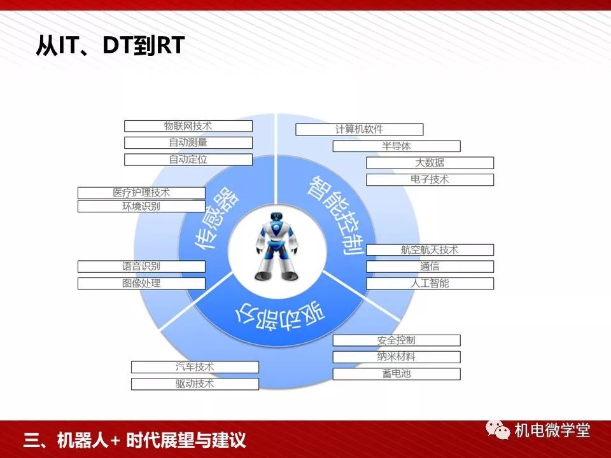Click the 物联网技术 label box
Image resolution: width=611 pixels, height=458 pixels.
[x=188, y=126]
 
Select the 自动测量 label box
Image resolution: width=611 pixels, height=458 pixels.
[x=188, y=142]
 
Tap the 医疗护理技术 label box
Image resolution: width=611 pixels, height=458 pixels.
[x=141, y=193]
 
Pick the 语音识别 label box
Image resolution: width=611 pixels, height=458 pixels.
[x=141, y=267]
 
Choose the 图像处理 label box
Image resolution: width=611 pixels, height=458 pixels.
[x=141, y=283]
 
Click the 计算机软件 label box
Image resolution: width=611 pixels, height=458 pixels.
[x=359, y=129]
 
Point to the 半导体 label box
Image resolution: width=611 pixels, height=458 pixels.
[x=397, y=146]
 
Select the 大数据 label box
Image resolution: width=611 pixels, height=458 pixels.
[x=430, y=163]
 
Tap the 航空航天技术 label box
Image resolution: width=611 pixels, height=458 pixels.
[x=430, y=250]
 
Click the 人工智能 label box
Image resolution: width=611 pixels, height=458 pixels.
[x=430, y=283]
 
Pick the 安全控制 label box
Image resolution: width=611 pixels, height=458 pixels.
[x=397, y=340]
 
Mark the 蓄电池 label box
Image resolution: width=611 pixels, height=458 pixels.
[x=397, y=374]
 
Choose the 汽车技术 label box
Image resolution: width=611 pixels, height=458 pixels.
[x=195, y=367]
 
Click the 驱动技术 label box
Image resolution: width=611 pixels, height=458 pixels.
[x=195, y=384]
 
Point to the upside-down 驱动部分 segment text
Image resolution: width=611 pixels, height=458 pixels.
[x=281, y=316]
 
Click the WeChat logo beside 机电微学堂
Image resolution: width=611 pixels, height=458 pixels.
[x=498, y=429]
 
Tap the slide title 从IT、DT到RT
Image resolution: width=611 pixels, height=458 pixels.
[x=110, y=45]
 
